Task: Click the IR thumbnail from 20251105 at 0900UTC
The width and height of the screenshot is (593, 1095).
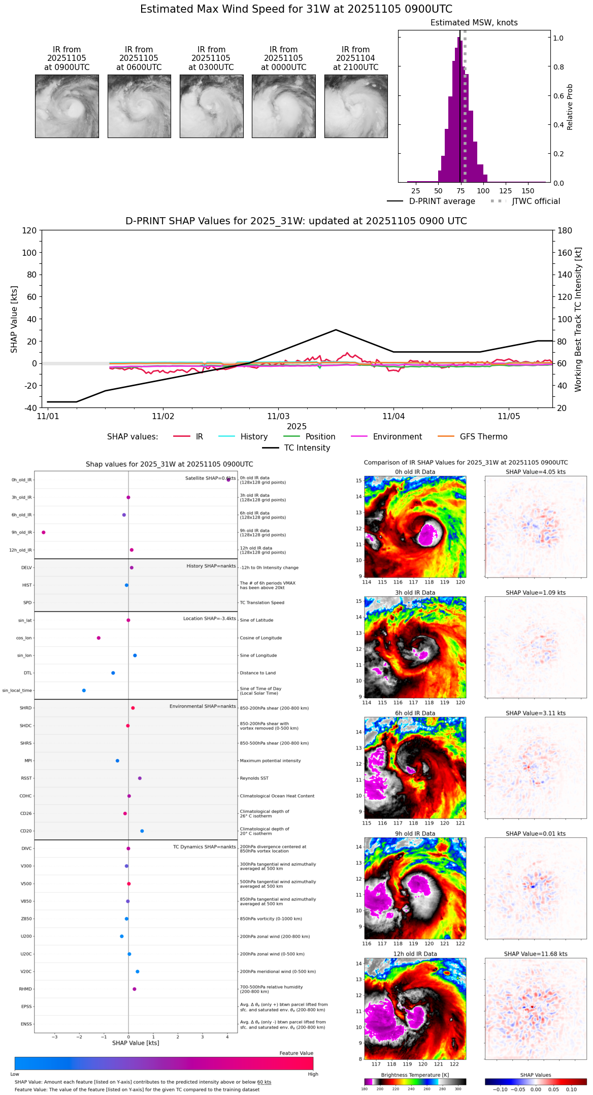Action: click(67, 106)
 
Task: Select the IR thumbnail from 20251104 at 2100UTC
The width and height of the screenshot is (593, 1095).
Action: click(356, 106)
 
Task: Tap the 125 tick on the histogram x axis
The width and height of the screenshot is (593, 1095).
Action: click(505, 191)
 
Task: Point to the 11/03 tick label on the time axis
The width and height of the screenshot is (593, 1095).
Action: click(278, 417)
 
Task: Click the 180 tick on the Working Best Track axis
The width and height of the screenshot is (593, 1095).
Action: click(565, 231)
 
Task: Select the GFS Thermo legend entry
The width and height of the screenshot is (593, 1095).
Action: click(483, 437)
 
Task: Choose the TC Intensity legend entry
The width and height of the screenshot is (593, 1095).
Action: click(307, 448)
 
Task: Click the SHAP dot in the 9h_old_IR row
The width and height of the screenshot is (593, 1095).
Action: click(44, 532)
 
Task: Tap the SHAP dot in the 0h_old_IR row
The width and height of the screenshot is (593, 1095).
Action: click(228, 480)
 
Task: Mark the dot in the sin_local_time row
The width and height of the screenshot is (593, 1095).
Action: click(84, 691)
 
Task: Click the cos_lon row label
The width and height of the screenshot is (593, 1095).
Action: click(24, 638)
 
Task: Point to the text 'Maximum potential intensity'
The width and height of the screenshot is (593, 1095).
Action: click(270, 761)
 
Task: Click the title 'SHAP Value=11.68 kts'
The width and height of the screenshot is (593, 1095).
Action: click(536, 954)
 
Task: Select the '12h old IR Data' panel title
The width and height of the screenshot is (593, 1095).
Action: click(415, 954)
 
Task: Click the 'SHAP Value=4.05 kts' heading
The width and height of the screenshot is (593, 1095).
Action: click(536, 472)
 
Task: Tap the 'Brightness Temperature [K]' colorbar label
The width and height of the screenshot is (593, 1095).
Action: click(415, 1075)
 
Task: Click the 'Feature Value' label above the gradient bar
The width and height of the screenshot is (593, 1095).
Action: click(296, 1053)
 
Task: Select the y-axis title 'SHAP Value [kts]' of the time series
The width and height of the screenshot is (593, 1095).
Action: click(14, 319)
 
